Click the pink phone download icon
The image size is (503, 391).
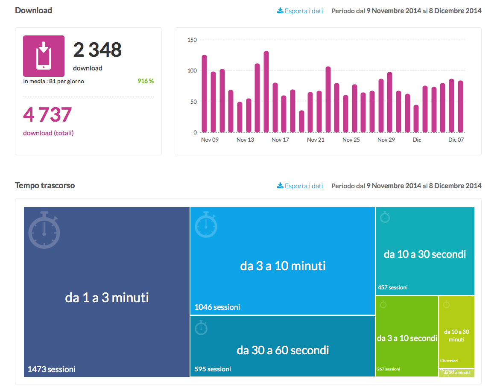tap(44, 56)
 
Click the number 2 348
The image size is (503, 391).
tap(97, 50)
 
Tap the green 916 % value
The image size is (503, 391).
tap(145, 81)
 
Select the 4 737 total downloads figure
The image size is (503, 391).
tap(47, 115)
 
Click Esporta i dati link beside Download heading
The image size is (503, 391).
tap(300, 11)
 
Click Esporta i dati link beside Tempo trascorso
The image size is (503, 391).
tap(300, 186)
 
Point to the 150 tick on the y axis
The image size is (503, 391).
tap(192, 40)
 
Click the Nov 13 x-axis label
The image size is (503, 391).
tap(245, 140)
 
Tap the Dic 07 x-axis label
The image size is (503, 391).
tap(456, 140)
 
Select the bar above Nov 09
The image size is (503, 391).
tap(204, 94)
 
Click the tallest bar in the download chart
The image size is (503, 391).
tap(266, 92)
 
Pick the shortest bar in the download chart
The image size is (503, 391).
tap(301, 122)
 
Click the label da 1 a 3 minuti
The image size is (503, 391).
tap(107, 298)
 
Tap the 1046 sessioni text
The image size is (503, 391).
tap(217, 307)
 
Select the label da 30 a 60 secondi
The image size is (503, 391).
tap(283, 350)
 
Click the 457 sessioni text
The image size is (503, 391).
tap(393, 287)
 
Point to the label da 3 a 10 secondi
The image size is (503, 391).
tap(407, 338)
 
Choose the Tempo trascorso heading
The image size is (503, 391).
tap(45, 186)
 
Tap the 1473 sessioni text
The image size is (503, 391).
tap(52, 369)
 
